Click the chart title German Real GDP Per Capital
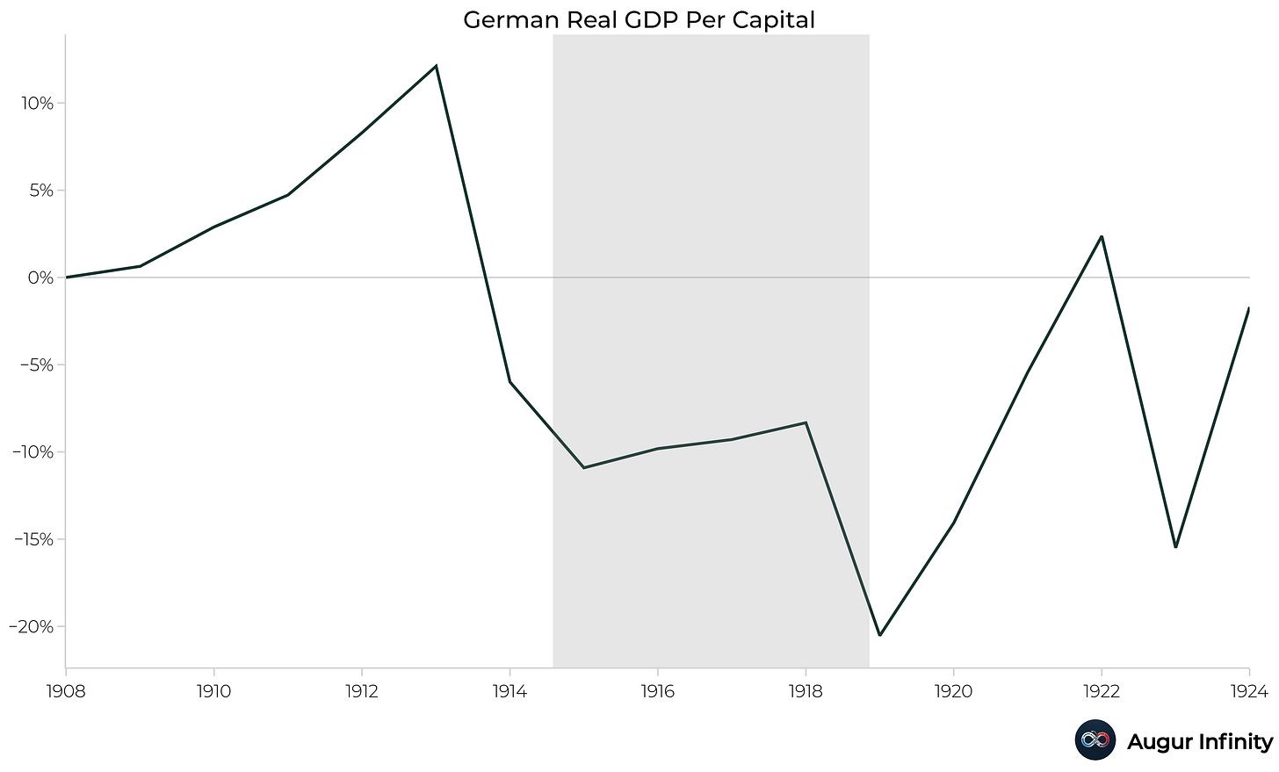click(639, 19)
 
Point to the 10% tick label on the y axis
click(37, 104)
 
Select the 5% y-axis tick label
click(40, 191)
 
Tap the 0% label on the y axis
click(40, 278)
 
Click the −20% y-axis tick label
click(32, 627)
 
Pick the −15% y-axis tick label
click(32, 539)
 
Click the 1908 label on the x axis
click(65, 692)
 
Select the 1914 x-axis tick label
click(509, 692)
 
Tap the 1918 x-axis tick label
click(806, 692)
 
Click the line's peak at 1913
click(436, 66)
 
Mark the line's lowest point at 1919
click(879, 635)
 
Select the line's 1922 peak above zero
click(1101, 236)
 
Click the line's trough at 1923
click(1175, 547)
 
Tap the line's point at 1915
click(583, 467)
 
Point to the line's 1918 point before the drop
click(806, 422)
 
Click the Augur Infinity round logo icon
click(1095, 740)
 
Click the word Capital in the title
click(775, 19)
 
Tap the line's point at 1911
click(287, 195)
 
